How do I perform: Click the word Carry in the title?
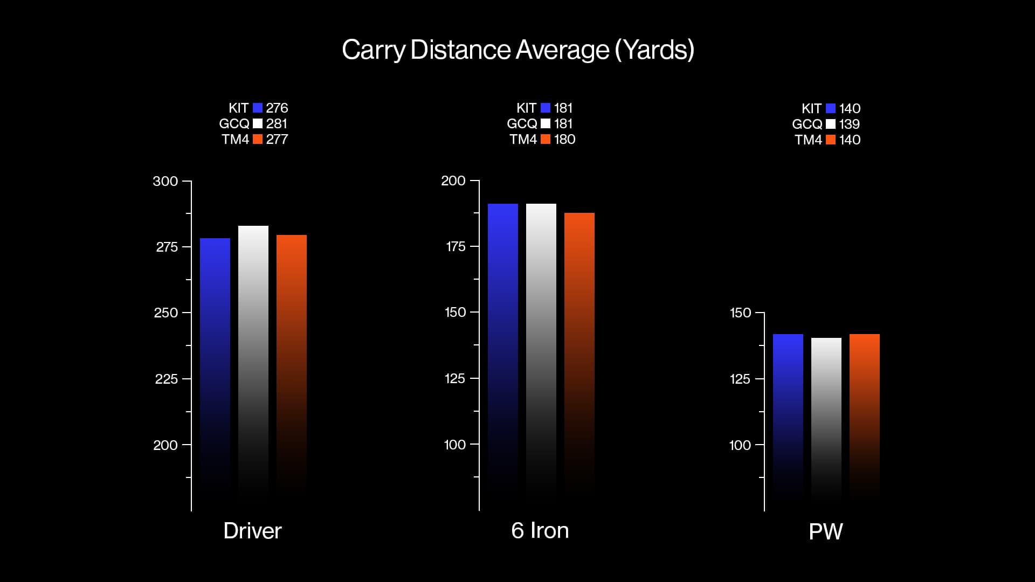[373, 51]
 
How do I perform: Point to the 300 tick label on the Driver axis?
[165, 182]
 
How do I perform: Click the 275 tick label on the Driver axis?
[166, 247]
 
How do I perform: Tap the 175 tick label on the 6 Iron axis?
[455, 247]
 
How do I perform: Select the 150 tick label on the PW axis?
[740, 313]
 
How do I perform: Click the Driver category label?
[252, 531]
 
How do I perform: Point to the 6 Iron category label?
[540, 531]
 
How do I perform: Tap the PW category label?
[825, 532]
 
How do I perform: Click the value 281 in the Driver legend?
[277, 124]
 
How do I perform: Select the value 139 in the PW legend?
[849, 124]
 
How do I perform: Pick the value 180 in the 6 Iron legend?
[564, 140]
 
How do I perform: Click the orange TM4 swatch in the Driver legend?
[258, 140]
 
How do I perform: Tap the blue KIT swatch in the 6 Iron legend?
[546, 108]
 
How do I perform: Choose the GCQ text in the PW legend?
[806, 124]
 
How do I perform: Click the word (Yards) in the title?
[654, 51]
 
